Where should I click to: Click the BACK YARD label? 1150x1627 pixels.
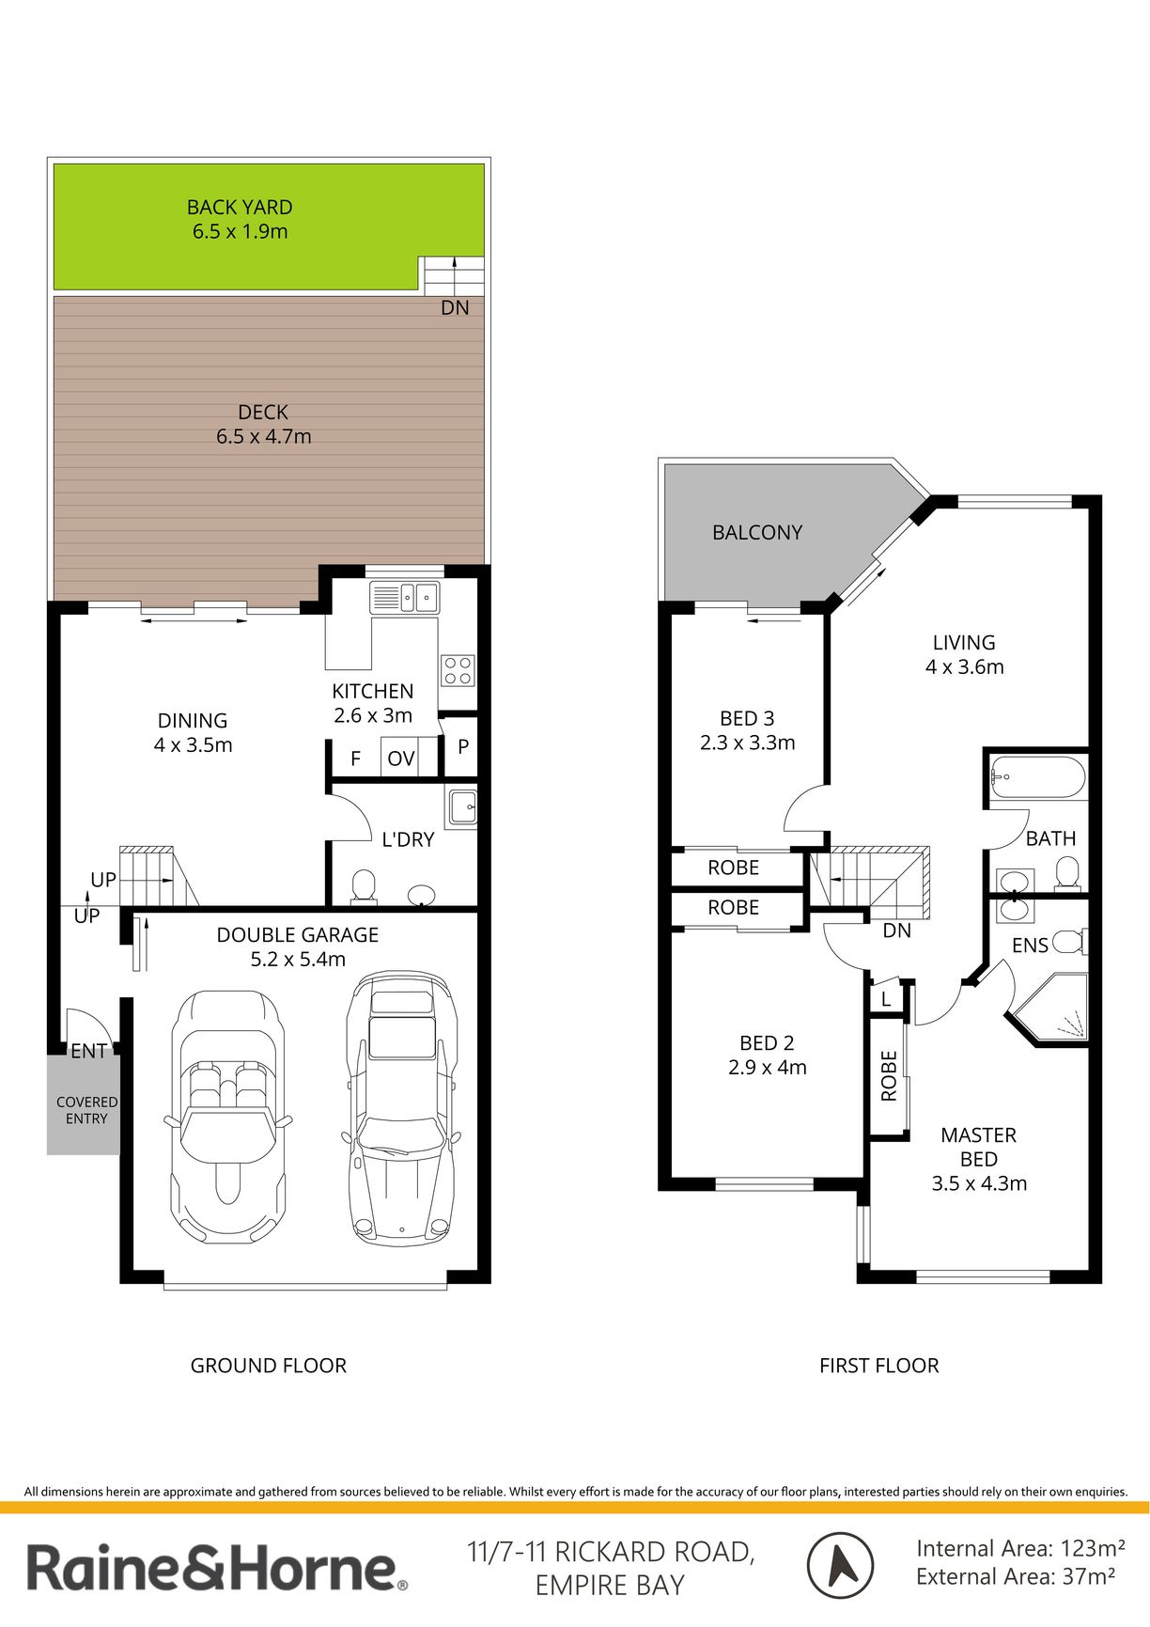pos(240,207)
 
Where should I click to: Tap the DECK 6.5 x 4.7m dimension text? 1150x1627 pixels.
pos(263,436)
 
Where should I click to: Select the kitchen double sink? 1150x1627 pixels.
pos(404,597)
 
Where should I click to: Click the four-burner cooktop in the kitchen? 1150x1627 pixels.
pos(458,670)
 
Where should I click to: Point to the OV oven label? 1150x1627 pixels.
pos(401,759)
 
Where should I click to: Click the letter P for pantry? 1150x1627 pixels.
pos(463,747)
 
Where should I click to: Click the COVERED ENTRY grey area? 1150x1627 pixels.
pos(84,1103)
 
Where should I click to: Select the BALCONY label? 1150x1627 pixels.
pos(757,533)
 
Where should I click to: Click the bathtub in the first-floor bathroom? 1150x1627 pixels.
pos(1038,777)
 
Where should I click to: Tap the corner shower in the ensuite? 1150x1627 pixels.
pos(1050,1009)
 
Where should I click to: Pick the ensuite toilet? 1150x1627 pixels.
pos(1069,941)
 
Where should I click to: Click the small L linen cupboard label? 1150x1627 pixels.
pos(885,1000)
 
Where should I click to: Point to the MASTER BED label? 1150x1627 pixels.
pos(979,1147)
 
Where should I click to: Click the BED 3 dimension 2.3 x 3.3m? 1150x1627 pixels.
pos(748,743)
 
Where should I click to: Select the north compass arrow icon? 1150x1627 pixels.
pos(840,1566)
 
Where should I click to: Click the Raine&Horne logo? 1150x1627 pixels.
pos(217,1568)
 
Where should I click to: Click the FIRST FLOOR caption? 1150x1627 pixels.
pos(879,1366)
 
